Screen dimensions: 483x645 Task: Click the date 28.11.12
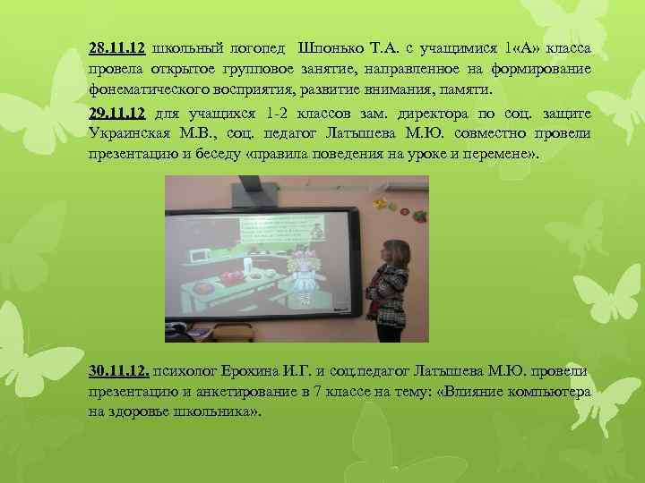tap(116, 47)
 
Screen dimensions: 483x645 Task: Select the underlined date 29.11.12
tap(116, 114)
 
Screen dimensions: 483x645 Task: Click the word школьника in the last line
tap(218, 413)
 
